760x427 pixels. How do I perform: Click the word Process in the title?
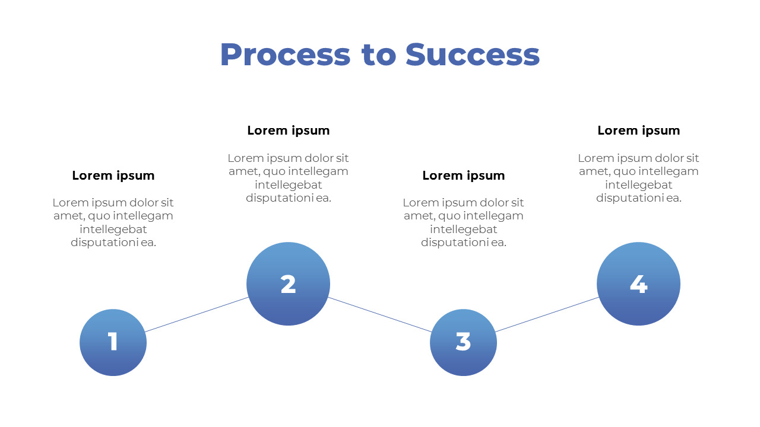[x=285, y=55]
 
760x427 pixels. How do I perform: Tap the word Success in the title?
[x=473, y=55]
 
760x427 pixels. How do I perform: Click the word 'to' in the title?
[x=378, y=55]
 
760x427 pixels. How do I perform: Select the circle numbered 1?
[x=113, y=342]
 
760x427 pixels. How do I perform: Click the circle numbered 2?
[x=288, y=284]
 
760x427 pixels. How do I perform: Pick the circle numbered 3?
[x=463, y=342]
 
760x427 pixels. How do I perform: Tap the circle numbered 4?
[x=638, y=284]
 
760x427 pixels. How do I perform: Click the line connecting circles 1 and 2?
[x=197, y=314]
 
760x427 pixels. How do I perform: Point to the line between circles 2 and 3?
[x=380, y=315]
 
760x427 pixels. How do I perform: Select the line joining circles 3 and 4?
[x=547, y=314]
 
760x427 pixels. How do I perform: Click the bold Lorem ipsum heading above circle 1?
[x=113, y=176]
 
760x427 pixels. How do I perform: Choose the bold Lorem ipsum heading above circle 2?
[x=288, y=130]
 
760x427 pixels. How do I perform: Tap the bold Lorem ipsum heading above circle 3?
[x=463, y=176]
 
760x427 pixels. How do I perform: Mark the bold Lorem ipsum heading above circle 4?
[x=638, y=130]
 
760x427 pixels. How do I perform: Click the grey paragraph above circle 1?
[x=113, y=222]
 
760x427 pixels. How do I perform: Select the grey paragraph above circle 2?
[x=288, y=178]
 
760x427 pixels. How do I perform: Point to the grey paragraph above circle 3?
[x=463, y=222]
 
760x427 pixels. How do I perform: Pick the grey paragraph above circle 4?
[x=638, y=178]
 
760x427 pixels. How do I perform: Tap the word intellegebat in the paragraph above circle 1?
[x=113, y=229]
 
